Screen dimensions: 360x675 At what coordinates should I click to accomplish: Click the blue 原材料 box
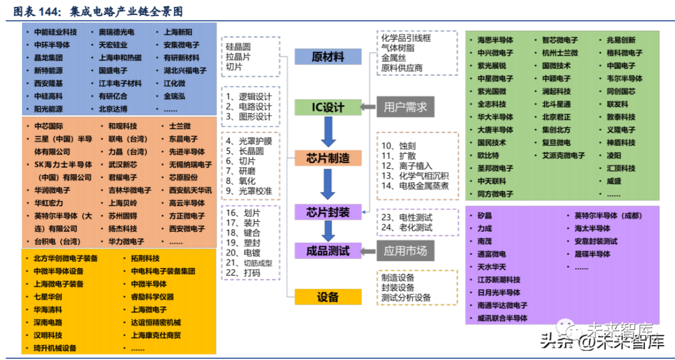328,57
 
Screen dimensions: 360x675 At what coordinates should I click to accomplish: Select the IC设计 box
328,107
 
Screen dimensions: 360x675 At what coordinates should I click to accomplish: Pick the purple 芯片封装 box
328,212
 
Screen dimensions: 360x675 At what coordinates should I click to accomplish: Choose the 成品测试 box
328,251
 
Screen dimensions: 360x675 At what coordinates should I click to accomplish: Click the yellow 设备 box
328,297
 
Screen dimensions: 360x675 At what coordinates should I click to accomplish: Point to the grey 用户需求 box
405,107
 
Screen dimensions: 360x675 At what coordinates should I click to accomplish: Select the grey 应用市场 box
405,251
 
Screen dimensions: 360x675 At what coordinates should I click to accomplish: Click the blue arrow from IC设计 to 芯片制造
328,132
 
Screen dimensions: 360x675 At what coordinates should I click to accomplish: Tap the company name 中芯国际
49,126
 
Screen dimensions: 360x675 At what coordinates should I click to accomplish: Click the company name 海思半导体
496,40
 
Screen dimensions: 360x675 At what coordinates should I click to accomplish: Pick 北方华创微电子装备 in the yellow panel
66,258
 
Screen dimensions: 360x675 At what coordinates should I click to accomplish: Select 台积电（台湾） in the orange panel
57,241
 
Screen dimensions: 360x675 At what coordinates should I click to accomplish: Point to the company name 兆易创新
621,40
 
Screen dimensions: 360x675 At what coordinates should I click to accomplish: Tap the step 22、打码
243,273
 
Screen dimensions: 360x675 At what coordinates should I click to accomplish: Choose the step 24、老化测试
407,227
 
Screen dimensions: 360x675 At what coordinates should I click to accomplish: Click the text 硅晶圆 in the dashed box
238,46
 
